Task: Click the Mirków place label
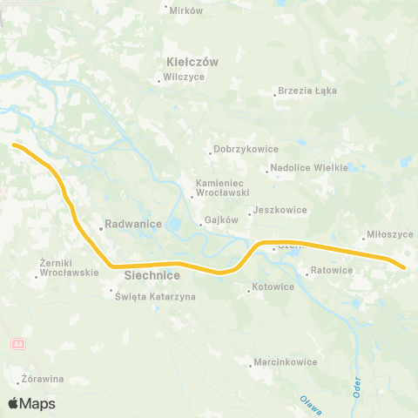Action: click(185, 10)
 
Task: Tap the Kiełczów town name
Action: click(192, 62)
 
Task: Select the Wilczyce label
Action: click(182, 78)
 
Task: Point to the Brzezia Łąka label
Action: click(307, 91)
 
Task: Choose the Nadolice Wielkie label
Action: click(309, 167)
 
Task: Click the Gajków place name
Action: click(222, 220)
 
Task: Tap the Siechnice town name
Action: click(152, 275)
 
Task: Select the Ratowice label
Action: click(332, 270)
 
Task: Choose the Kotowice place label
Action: click(272, 287)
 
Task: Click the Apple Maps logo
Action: click(31, 403)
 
